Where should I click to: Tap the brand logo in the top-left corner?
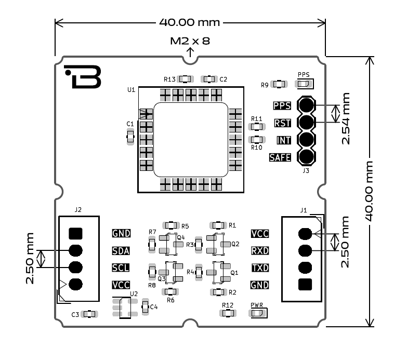tap(83, 77)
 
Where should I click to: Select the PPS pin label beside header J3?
tap(282, 106)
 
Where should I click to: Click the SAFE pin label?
tap(280, 157)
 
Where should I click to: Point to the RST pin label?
tap(282, 123)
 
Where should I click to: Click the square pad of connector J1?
tap(306, 284)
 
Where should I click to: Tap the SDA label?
tap(121, 250)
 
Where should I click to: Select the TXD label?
tap(260, 268)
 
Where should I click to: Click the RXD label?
tap(260, 250)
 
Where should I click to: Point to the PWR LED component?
tap(258, 313)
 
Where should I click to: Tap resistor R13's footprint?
tap(185, 79)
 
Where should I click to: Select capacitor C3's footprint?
tap(90, 314)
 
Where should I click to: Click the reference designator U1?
tap(132, 90)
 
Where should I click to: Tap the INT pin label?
tap(283, 140)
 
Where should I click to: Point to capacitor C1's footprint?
tap(131, 137)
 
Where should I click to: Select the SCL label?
tap(121, 268)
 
